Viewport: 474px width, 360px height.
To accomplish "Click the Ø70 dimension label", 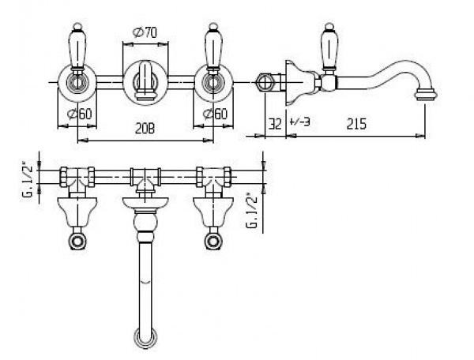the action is (x=145, y=32).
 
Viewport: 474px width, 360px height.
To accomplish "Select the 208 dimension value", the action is (x=145, y=129).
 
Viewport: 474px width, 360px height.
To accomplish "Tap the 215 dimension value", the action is (x=356, y=124).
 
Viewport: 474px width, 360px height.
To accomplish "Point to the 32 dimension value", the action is (x=275, y=124).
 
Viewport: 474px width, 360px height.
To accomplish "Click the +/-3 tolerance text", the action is (x=299, y=122).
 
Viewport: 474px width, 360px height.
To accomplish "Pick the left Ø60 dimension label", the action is (x=80, y=114).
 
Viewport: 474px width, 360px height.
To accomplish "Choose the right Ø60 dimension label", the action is (x=215, y=114).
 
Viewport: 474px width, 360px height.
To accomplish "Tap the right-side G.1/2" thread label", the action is (x=253, y=211).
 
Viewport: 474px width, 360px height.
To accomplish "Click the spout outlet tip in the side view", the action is (x=426, y=93).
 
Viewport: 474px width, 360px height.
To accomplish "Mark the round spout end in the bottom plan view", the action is (x=145, y=337).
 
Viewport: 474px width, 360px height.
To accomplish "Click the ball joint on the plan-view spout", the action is (x=145, y=223).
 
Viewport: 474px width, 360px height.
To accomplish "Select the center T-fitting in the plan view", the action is (x=145, y=178).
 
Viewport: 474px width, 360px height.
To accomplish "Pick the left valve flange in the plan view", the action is (x=77, y=212).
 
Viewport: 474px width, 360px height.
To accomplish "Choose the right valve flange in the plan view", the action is (x=213, y=212).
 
